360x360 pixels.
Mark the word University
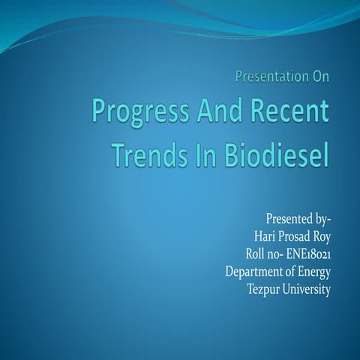tap(307, 289)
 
